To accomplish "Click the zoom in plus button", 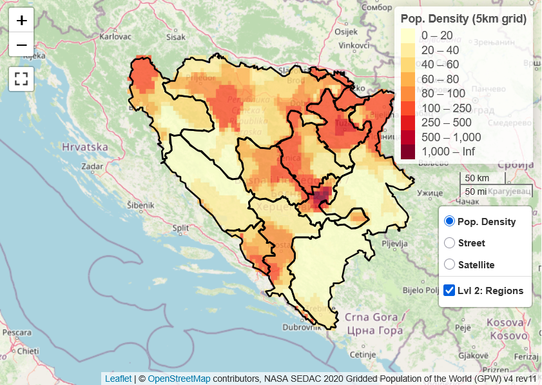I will click(x=21, y=20).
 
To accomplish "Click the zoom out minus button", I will click(x=21, y=44).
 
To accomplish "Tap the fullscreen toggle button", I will click(x=21, y=79).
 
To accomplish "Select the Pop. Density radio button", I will click(x=450, y=221).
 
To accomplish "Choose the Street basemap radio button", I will click(x=450, y=243).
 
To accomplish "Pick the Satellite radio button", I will click(x=450, y=264).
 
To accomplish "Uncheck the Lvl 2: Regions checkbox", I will click(x=450, y=290).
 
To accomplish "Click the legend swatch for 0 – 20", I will click(x=408, y=35).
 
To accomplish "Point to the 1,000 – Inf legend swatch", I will click(x=408, y=152).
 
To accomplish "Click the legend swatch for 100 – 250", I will click(x=408, y=108).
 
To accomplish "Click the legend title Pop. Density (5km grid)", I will click(x=463, y=19).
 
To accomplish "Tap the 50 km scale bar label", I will click(x=477, y=178).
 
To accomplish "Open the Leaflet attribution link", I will click(x=118, y=379).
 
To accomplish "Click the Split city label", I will click(x=180, y=228).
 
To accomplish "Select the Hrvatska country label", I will click(x=84, y=147).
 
